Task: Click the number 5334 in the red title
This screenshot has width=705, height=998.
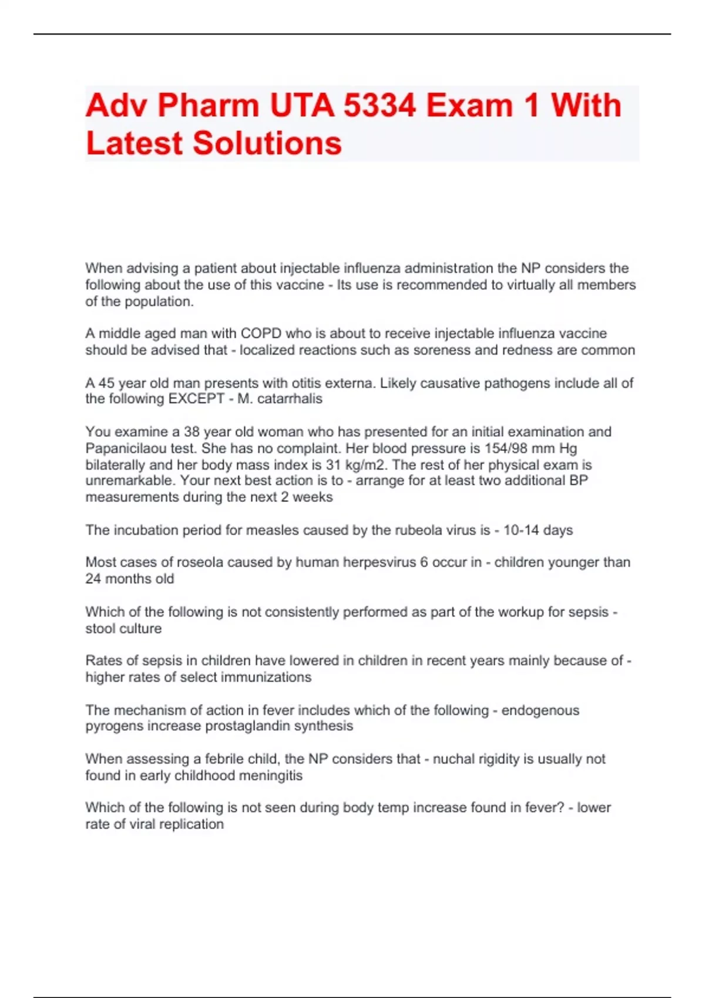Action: (380, 106)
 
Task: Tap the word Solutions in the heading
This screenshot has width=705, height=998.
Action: (267, 143)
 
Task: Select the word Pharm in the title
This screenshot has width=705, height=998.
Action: (208, 106)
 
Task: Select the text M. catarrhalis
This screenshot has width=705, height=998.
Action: (280, 399)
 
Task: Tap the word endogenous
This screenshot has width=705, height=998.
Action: (540, 710)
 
